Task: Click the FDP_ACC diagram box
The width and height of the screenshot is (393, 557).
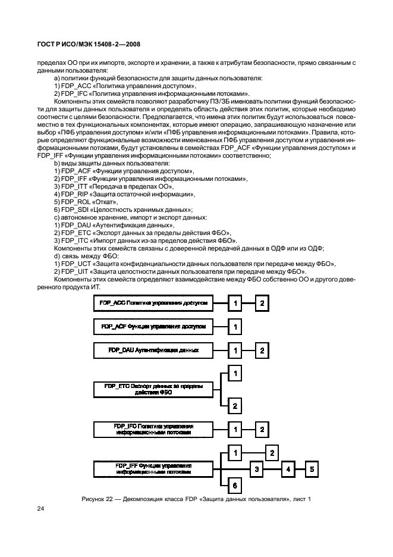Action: pos(153,303)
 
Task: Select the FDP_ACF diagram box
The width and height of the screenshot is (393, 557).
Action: pos(153,327)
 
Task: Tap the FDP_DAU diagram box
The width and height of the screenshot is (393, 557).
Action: pos(153,350)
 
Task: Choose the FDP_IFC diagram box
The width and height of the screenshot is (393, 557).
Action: pos(153,429)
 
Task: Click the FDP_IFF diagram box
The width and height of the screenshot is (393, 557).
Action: pos(153,468)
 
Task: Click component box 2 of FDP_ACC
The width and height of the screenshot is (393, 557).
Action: pos(262,303)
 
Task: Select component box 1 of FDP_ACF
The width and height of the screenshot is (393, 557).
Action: pos(235,327)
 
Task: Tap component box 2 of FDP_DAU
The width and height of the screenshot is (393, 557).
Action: pos(262,350)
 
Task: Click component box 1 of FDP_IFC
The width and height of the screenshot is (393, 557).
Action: pos(235,429)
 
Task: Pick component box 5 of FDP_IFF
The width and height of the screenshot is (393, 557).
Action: pos(313,469)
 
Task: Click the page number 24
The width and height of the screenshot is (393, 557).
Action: pos(40,509)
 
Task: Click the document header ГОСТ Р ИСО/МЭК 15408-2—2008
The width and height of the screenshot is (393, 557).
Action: pos(89,44)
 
